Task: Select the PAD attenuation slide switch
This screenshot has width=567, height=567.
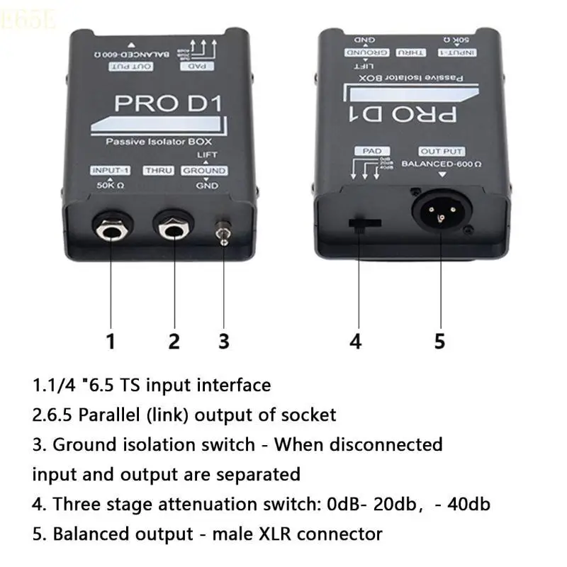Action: point(363,224)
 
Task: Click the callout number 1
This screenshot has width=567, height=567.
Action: point(110,341)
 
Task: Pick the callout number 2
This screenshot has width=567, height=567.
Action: point(174,341)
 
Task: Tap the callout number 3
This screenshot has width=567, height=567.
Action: point(223,341)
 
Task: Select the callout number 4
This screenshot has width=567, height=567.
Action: point(356,341)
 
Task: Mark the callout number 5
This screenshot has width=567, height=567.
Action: point(439,341)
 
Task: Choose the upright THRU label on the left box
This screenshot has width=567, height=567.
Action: point(159,171)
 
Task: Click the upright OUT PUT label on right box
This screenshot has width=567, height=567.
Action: point(442,151)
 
